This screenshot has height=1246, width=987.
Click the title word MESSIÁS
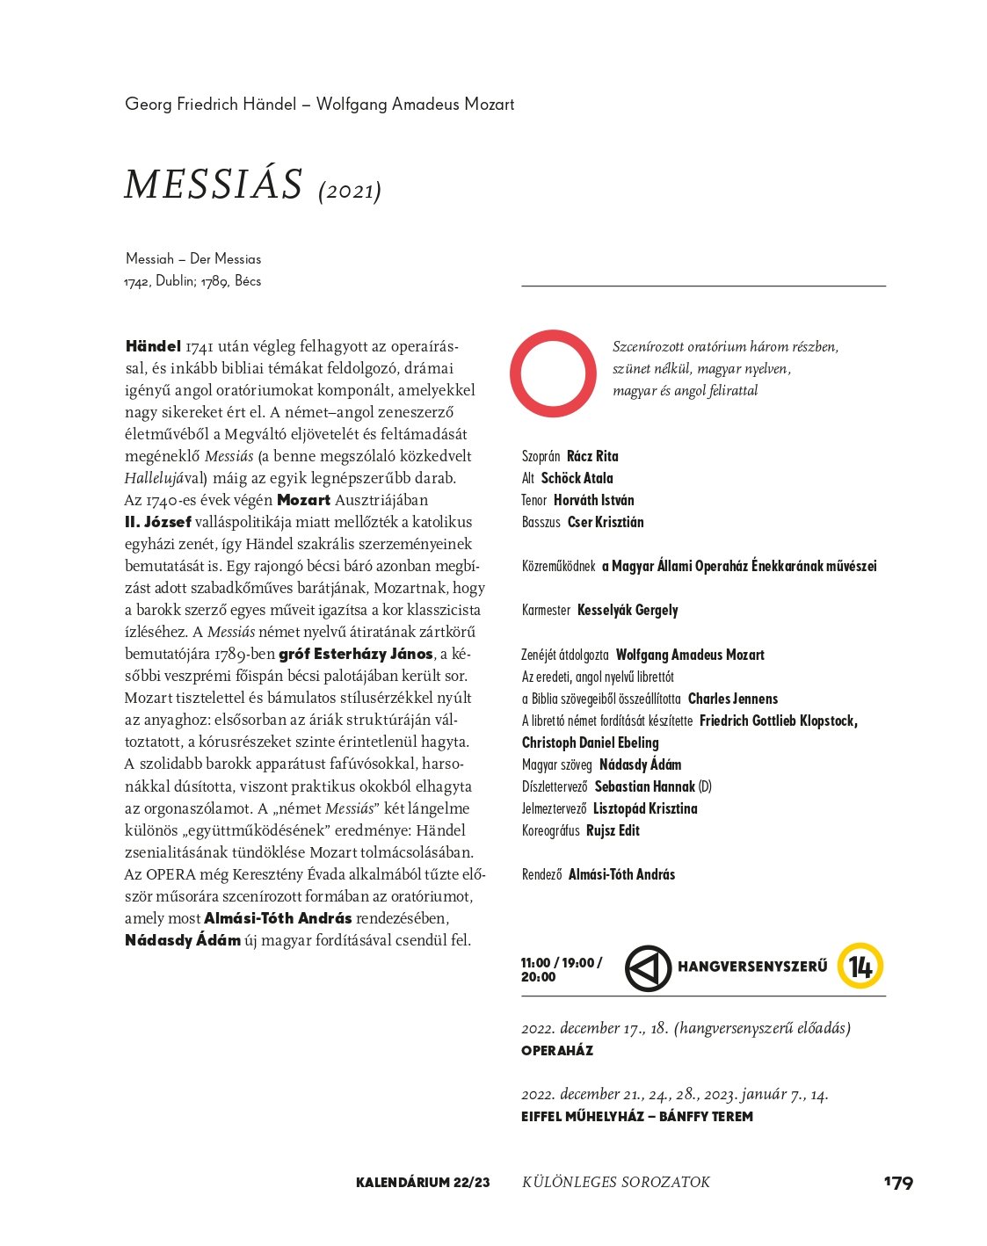pyautogui.click(x=214, y=185)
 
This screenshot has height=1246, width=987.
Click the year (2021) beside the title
pyautogui.click(x=350, y=191)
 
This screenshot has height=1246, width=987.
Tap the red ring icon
pyautogui.click(x=554, y=373)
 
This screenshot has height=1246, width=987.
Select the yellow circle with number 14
pyautogui.click(x=860, y=967)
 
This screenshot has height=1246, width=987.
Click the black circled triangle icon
pyautogui.click(x=648, y=968)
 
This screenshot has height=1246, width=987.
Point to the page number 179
pyautogui.click(x=898, y=1183)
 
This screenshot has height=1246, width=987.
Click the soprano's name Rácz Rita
pyautogui.click(x=592, y=456)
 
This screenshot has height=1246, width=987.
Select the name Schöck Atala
pyautogui.click(x=577, y=478)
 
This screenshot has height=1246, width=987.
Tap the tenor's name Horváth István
pyautogui.click(x=593, y=500)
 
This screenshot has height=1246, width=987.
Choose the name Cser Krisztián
pyautogui.click(x=606, y=522)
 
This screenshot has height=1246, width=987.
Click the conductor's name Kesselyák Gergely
pyautogui.click(x=628, y=610)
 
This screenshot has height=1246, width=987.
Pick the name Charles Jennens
pyautogui.click(x=733, y=699)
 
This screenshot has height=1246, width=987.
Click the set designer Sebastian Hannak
pyautogui.click(x=644, y=786)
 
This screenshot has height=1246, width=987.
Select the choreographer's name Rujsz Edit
pyautogui.click(x=613, y=830)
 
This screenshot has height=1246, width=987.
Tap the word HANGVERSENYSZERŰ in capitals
pyautogui.click(x=752, y=967)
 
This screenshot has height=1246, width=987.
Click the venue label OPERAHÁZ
pyautogui.click(x=557, y=1051)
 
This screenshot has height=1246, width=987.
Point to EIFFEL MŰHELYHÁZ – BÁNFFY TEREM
pyautogui.click(x=637, y=1117)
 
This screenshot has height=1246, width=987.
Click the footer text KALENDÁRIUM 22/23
pyautogui.click(x=423, y=1183)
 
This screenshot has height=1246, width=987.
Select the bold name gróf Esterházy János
pyautogui.click(x=356, y=654)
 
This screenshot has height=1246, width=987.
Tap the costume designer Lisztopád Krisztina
pyautogui.click(x=645, y=808)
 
